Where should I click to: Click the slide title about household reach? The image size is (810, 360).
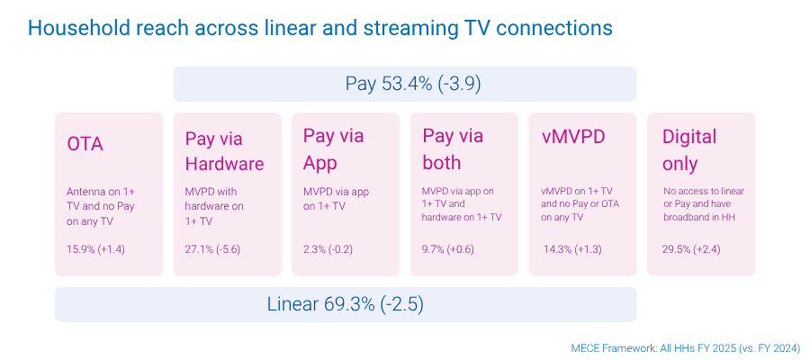(x=319, y=28)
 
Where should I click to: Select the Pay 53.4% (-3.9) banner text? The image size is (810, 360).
(x=413, y=84)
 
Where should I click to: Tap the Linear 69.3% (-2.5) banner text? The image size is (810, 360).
(x=345, y=304)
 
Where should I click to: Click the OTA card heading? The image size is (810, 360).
(x=85, y=144)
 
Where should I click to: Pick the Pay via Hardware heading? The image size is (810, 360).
(x=224, y=151)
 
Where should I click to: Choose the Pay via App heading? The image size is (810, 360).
(x=334, y=149)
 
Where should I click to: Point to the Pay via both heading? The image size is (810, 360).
(x=453, y=149)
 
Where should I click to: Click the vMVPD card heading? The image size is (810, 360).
(x=572, y=137)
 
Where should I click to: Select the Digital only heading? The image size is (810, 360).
(x=689, y=150)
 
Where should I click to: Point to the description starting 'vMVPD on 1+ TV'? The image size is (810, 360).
(x=578, y=204)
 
